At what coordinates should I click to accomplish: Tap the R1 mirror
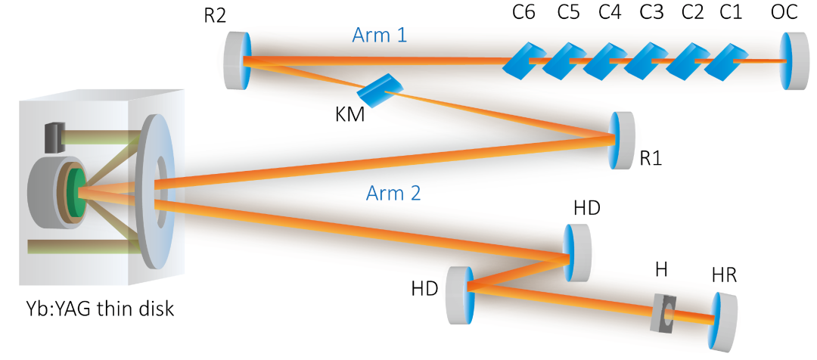623,139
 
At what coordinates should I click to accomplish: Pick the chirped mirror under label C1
725,63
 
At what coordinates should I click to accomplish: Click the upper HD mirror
577,252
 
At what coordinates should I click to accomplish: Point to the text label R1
651,160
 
